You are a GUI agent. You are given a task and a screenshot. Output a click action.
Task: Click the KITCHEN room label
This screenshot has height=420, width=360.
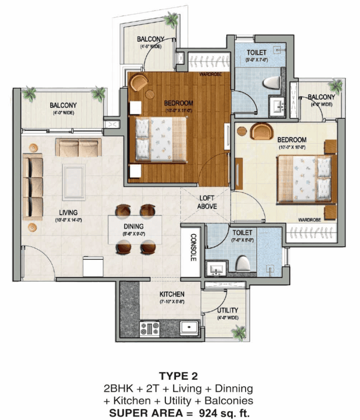tap(172, 294)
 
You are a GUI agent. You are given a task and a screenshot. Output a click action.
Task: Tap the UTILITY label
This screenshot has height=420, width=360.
tap(228, 310)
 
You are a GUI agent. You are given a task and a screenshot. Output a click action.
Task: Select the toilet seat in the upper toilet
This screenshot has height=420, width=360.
tap(270, 83)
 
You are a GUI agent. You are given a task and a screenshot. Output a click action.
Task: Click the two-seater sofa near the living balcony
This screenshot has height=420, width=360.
tap(78, 147)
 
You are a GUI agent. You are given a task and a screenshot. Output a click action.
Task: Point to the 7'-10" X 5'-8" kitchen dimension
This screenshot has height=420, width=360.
tap(172, 302)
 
